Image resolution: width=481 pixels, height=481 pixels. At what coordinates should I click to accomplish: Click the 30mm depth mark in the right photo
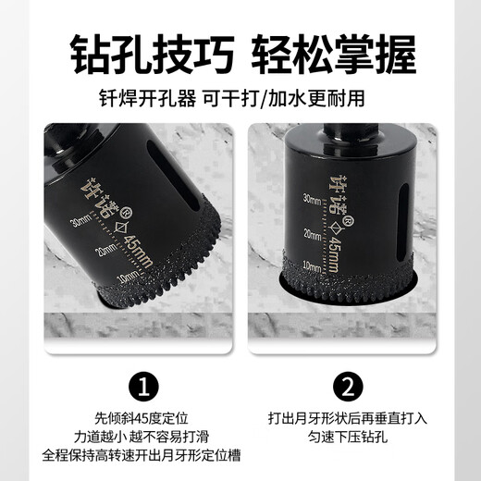pos(313,197)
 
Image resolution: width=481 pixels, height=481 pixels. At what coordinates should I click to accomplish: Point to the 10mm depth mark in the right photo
pos(313,266)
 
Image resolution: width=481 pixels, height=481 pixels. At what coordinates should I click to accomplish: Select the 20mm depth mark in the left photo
pos(105,249)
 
